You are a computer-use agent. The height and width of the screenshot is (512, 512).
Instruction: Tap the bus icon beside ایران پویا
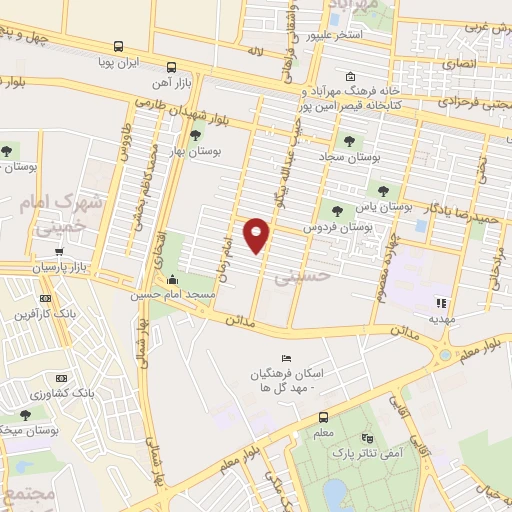[x=119, y=46]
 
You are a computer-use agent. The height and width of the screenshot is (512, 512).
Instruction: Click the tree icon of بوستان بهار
[x=195, y=134]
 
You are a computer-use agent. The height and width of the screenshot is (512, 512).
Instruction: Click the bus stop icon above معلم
[x=323, y=418]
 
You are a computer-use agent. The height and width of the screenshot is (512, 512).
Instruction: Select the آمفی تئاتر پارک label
[x=389, y=453]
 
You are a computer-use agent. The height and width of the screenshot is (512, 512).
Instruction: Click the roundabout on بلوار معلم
[x=442, y=354]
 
